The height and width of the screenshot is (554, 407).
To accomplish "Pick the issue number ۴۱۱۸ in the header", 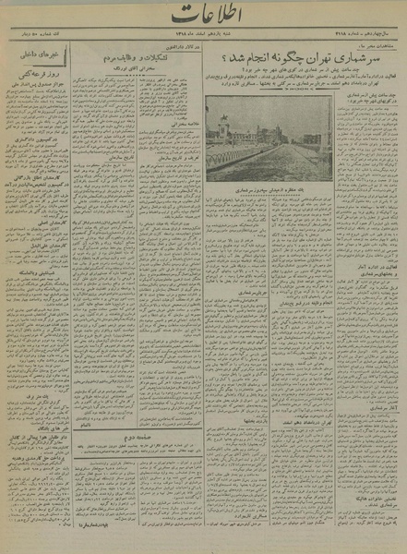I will tap(369, 42).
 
